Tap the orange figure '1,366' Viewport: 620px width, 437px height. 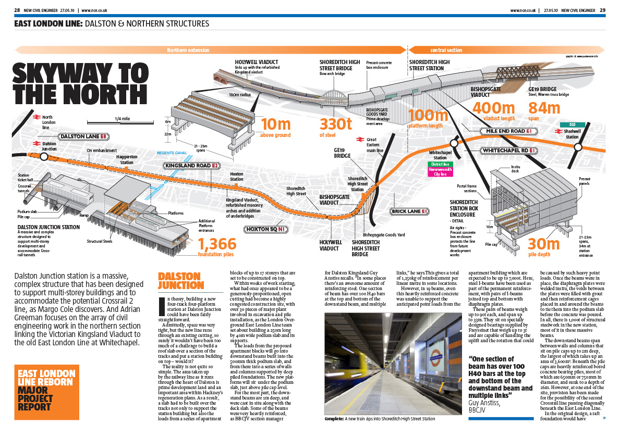pyautogui.click(x=217, y=244)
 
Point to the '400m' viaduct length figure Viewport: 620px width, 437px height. pyautogui.click(x=493, y=108)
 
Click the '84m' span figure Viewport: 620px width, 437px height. pyautogui.click(x=544, y=108)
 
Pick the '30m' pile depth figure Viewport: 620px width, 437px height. pyautogui.click(x=544, y=244)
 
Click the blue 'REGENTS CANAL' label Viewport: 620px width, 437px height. pyautogui.click(x=172, y=153)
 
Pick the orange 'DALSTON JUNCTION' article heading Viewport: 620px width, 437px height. pyautogui.click(x=179, y=280)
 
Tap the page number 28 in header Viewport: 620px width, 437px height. pyautogui.click(x=17, y=10)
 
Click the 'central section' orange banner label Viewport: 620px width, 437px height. pyautogui.click(x=446, y=51)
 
